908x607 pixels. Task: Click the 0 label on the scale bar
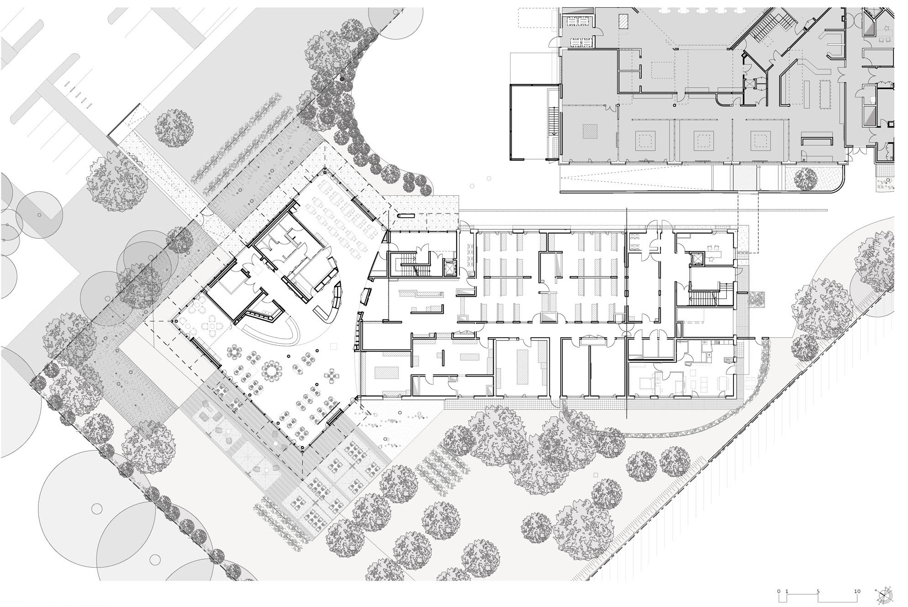coord(780,591)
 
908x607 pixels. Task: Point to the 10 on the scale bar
coord(857,591)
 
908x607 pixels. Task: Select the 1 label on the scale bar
coord(787,591)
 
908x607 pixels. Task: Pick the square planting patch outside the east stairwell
coord(758,299)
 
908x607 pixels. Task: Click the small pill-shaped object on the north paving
coord(406,215)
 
